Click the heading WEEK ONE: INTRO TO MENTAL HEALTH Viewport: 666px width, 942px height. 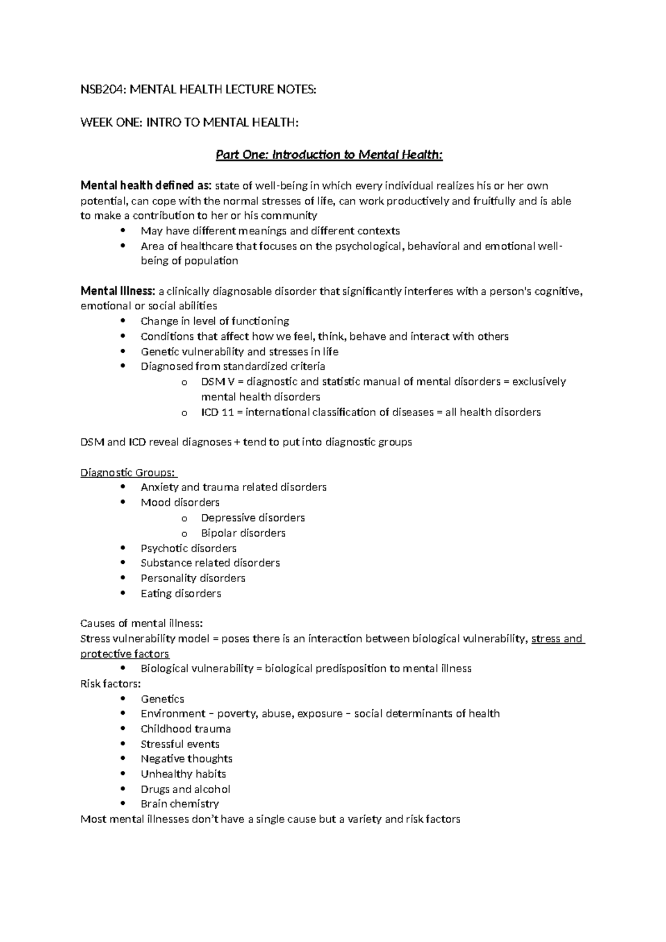pos(189,122)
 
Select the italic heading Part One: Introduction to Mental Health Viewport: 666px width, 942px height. pos(329,155)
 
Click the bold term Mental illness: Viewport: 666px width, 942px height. pos(118,291)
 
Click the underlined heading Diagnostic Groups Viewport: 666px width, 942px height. pos(128,473)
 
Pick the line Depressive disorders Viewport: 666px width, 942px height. pos(253,518)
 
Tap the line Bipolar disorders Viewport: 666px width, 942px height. pos(243,533)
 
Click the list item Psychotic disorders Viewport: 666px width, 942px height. pos(188,548)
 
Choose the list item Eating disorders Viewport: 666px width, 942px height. pos(180,594)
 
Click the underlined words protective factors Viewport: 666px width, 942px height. pos(125,654)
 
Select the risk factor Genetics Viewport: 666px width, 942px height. pos(162,699)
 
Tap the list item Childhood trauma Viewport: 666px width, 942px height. pos(185,729)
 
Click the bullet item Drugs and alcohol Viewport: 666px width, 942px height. pos(185,789)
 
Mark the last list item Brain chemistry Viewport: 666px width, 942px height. pos(179,804)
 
